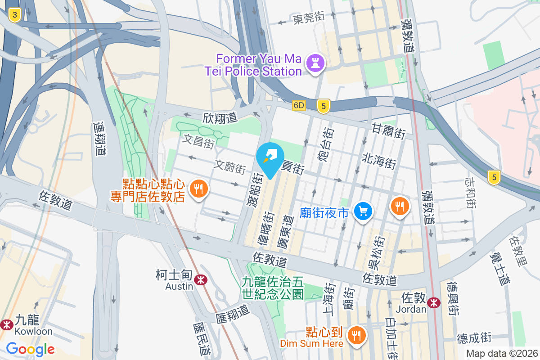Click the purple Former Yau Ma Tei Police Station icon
click(x=315, y=63)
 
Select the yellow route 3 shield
click(x=15, y=16)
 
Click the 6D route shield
click(x=298, y=105)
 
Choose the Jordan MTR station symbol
click(x=434, y=302)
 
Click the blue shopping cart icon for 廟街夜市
click(x=363, y=211)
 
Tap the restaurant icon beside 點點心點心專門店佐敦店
click(x=198, y=189)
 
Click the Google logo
click(x=31, y=349)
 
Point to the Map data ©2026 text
click(x=502, y=353)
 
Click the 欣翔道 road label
click(x=220, y=118)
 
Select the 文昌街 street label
click(x=198, y=141)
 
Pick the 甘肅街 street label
click(x=389, y=131)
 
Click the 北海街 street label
click(x=379, y=160)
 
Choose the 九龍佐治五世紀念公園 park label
click(x=273, y=288)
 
